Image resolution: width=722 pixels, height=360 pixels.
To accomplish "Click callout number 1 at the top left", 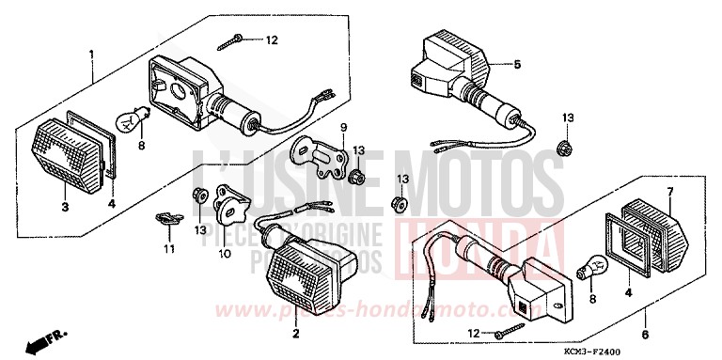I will click(x=91, y=54).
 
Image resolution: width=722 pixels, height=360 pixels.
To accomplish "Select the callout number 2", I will click(x=295, y=334).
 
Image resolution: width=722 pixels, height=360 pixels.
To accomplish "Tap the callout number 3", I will click(x=64, y=207).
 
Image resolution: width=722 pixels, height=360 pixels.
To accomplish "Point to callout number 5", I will click(x=516, y=65).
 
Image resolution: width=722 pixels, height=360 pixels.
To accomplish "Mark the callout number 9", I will click(x=344, y=127).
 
